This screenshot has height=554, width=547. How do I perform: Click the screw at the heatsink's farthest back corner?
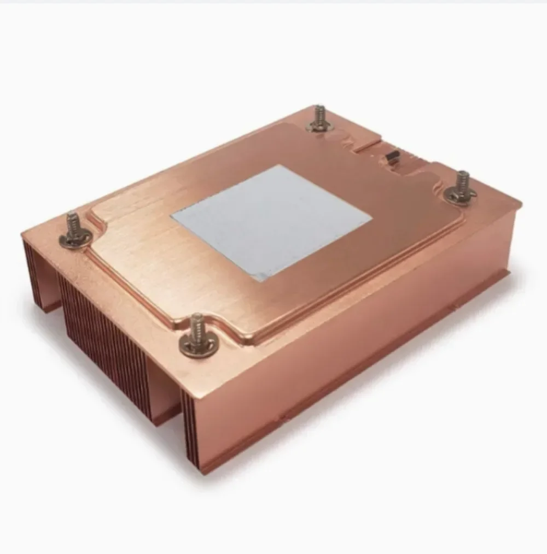(319, 120)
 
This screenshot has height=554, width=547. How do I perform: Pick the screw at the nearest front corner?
(197, 337)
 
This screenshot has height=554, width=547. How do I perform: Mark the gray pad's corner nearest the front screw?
(261, 280)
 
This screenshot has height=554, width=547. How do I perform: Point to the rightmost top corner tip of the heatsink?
(520, 204)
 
